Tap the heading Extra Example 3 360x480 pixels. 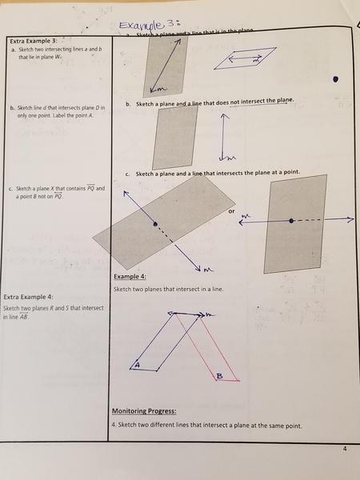click(33, 40)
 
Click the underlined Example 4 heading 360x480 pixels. click(130, 277)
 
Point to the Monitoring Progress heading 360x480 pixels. click(146, 410)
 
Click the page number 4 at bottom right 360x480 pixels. click(345, 449)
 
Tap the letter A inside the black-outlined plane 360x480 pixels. click(137, 364)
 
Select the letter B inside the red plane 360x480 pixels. click(219, 374)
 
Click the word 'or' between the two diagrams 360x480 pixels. click(231, 212)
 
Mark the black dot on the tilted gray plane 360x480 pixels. click(156, 224)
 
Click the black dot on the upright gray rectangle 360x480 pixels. click(292, 220)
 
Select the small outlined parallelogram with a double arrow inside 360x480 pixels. click(248, 59)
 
